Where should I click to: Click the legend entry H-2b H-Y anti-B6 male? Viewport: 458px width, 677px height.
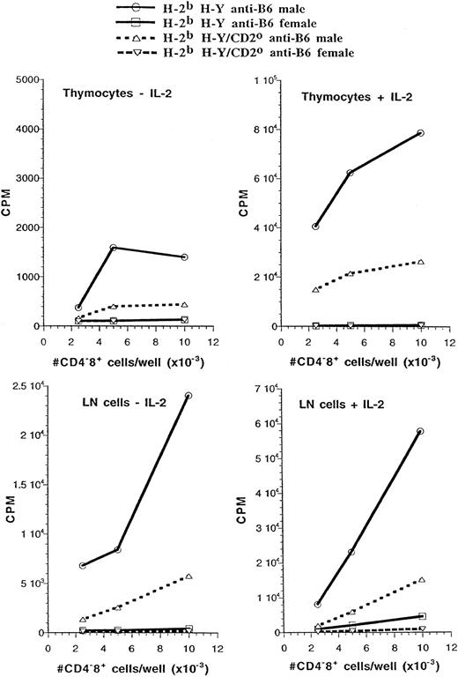[236, 9]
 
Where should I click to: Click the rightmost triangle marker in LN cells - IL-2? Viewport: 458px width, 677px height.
[188, 577]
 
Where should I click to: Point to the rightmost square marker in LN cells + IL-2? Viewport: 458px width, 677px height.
[421, 616]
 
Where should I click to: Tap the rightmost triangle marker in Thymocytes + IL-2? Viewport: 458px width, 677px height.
[421, 262]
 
